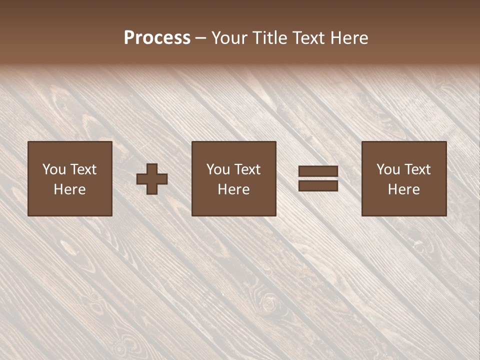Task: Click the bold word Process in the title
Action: click(157, 38)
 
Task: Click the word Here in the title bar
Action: click(350, 38)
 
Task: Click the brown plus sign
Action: click(152, 179)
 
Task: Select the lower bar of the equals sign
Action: click(318, 185)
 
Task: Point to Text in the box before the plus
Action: click(82, 169)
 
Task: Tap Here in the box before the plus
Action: click(69, 189)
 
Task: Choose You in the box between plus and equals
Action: click(218, 169)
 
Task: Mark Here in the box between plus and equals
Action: click(233, 189)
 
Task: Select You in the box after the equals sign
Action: click(388, 169)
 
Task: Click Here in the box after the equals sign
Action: click(403, 189)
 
